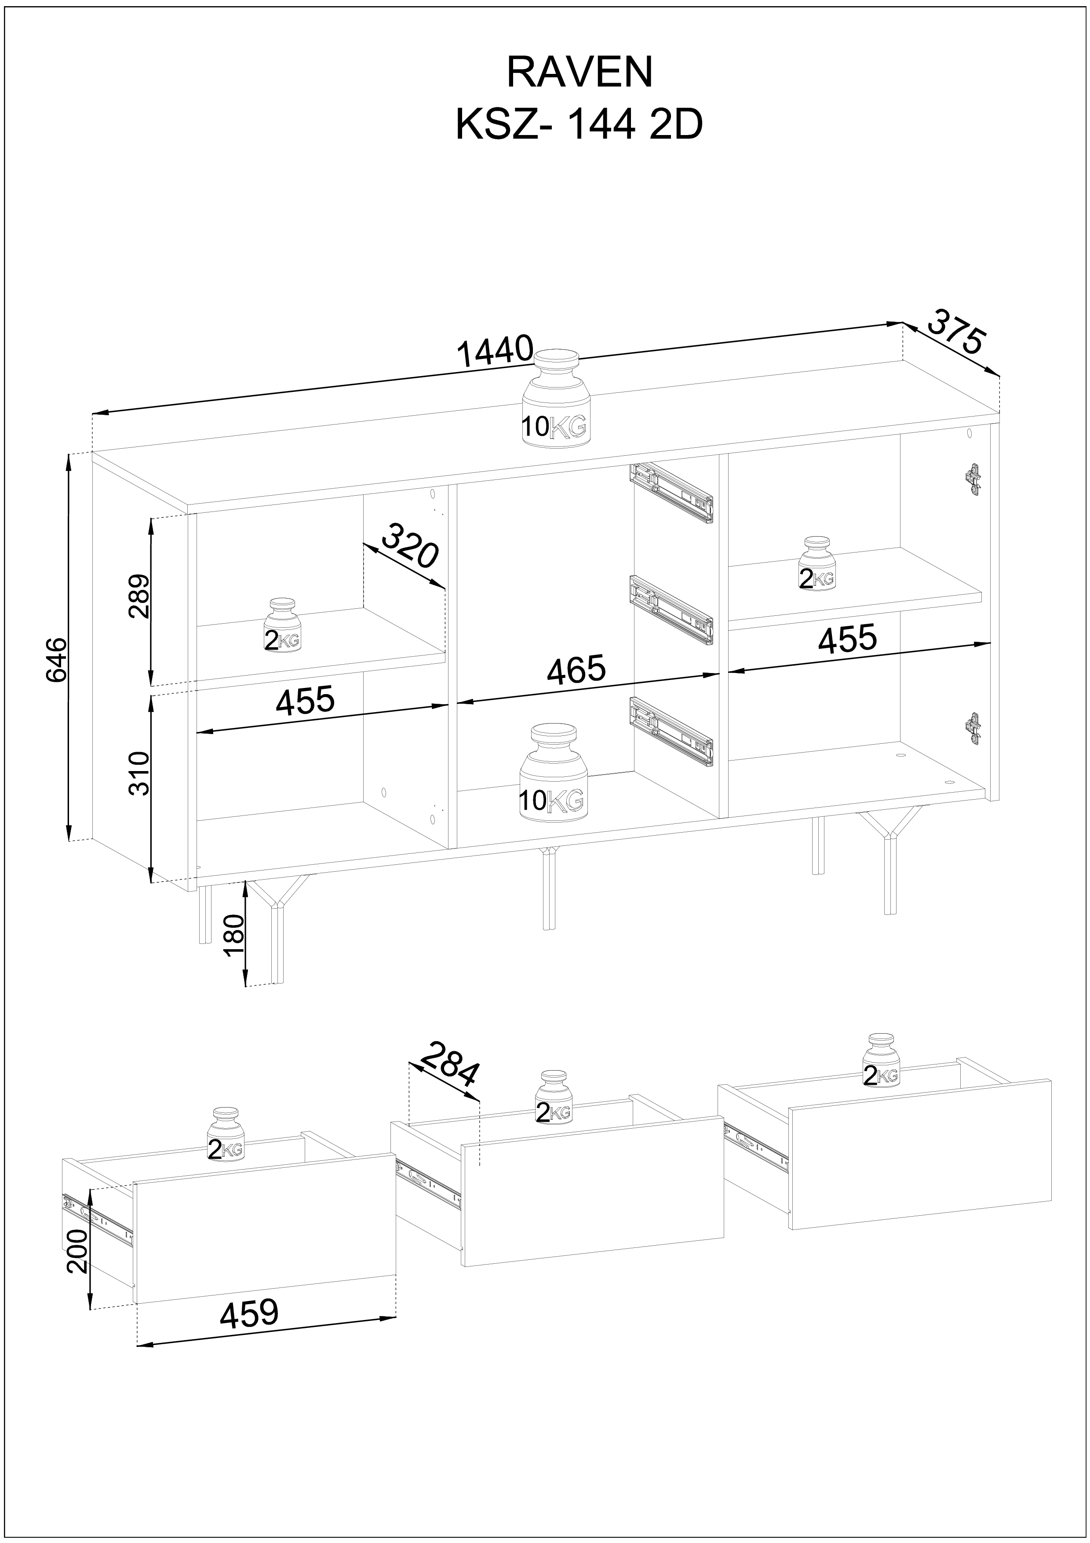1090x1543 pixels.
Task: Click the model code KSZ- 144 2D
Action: point(579,124)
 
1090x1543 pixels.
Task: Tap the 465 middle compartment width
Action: point(576,670)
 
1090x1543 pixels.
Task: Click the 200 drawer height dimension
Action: point(78,1250)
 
